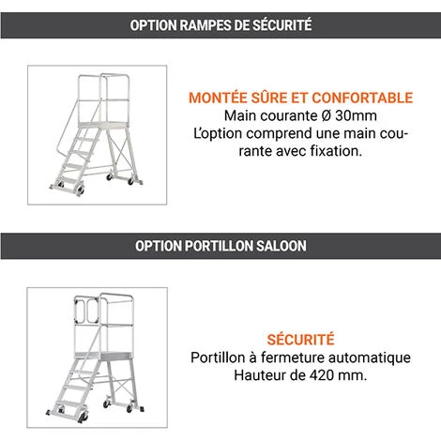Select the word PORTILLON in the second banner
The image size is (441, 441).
[x=219, y=246]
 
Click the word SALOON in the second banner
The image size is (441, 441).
[x=281, y=246]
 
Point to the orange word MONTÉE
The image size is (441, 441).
[x=218, y=98]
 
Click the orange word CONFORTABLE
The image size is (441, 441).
[x=362, y=98]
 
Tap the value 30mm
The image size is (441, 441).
[x=356, y=115]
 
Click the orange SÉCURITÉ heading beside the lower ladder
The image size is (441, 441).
[x=300, y=339]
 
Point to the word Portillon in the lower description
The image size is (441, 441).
[x=218, y=357]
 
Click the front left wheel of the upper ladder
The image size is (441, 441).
[x=81, y=190]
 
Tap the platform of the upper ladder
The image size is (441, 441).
[x=103, y=125]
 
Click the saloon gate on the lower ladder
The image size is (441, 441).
[x=87, y=312]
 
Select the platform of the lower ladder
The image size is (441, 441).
[x=103, y=356]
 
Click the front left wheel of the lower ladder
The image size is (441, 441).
[x=84, y=418]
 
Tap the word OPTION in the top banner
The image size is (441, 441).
[x=154, y=25]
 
